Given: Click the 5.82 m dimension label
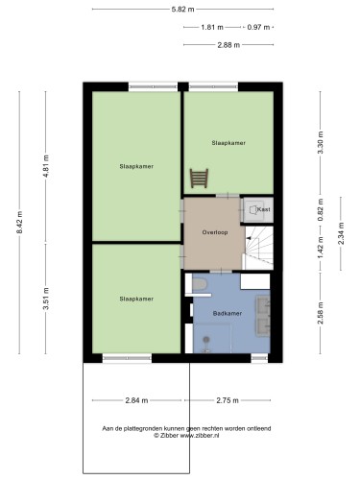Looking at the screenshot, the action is click(182, 10).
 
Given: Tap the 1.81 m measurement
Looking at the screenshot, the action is click(212, 27).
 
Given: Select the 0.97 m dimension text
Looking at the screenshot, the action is click(258, 27).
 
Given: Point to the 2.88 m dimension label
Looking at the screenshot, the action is click(228, 45).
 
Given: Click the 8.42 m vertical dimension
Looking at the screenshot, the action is click(19, 223).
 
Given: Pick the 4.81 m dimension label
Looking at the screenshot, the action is click(46, 166).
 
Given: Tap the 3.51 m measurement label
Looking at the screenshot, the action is click(46, 299).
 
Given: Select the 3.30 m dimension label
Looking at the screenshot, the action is click(321, 142).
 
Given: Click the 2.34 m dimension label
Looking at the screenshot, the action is click(341, 233).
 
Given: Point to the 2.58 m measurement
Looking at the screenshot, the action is click(321, 313).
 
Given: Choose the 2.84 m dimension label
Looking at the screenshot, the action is click(136, 400).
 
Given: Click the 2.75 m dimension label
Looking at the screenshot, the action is click(228, 400).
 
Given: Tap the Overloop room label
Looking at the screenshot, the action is click(215, 232).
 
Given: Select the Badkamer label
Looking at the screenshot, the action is click(228, 314).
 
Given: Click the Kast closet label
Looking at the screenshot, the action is click(264, 209).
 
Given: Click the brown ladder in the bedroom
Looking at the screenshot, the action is click(199, 179).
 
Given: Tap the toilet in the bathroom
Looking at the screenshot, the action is click(200, 284).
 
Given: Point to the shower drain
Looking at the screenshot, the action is click(206, 339).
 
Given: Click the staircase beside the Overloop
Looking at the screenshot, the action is click(259, 248).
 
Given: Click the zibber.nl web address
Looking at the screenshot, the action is click(200, 436).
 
